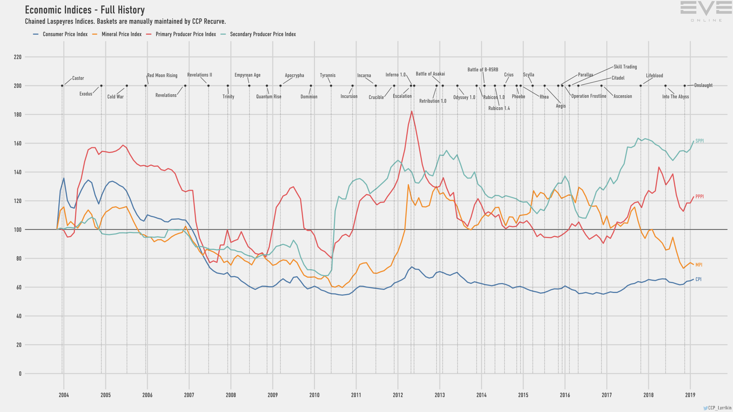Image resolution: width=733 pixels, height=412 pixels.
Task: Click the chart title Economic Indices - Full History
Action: [x=85, y=10]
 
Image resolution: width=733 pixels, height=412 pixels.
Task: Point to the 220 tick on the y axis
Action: [x=18, y=57]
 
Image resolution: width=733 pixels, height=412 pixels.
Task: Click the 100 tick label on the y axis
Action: [x=18, y=230]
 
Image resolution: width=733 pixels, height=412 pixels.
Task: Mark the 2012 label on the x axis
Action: [x=398, y=395]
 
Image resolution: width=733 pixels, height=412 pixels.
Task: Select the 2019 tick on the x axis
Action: [x=690, y=395]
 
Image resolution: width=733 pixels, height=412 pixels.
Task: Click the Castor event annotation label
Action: [x=78, y=78]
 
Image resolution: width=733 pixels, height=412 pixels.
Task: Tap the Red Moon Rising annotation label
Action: [x=162, y=76]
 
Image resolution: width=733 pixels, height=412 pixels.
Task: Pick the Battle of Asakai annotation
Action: [x=430, y=74]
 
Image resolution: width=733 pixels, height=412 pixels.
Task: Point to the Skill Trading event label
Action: [x=625, y=67]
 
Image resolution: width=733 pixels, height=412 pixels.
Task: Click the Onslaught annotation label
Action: [x=703, y=85]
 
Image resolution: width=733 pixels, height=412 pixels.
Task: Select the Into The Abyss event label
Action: [x=675, y=97]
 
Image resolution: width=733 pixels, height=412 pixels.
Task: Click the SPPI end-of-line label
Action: [x=699, y=141]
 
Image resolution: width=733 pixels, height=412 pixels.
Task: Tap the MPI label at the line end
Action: [x=699, y=265]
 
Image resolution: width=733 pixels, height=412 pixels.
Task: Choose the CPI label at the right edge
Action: [x=698, y=280]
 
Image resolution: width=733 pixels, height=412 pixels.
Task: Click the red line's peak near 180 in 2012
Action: [x=412, y=111]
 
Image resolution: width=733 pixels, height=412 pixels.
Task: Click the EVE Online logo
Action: [x=706, y=11]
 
